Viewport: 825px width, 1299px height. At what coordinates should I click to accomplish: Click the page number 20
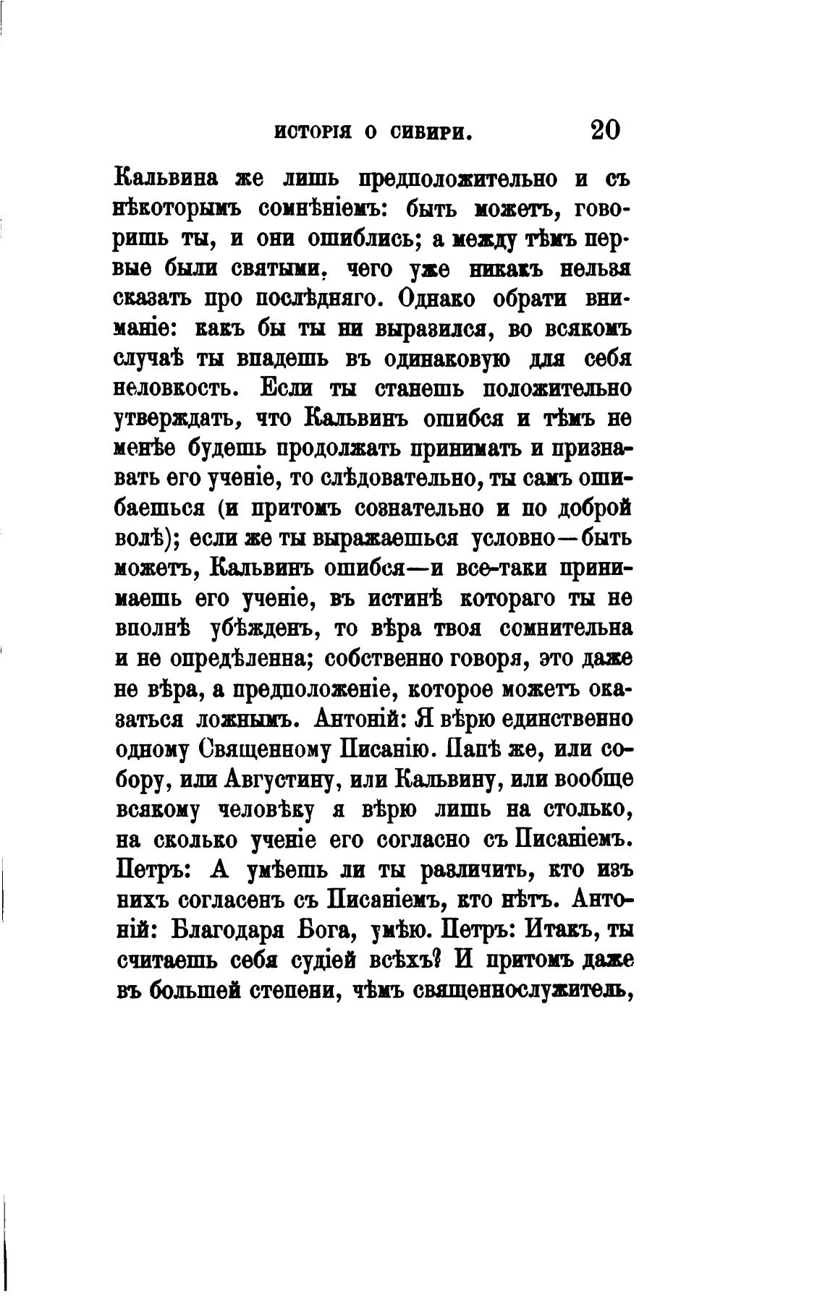pyautogui.click(x=605, y=130)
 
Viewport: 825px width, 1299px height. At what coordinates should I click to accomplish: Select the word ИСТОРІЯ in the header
pyautogui.click(x=313, y=132)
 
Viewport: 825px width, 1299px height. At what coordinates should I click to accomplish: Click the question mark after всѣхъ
pyautogui.click(x=436, y=959)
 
